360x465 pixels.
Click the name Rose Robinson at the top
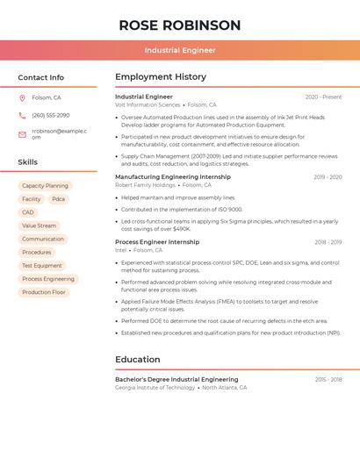tap(179, 25)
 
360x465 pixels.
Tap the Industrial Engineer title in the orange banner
tap(180, 50)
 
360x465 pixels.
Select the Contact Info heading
tap(41, 77)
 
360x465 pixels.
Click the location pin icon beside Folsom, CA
tap(22, 98)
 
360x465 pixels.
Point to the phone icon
tap(22, 115)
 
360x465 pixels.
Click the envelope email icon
tap(22, 134)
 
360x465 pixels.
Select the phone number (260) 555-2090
tap(51, 115)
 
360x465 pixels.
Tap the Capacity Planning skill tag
tap(45, 186)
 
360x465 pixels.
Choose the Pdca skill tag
tap(58, 199)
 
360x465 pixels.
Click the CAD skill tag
tap(28, 212)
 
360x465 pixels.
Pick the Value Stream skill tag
tap(39, 225)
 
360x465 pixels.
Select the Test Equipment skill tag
tap(42, 265)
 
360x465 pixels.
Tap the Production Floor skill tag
tap(44, 292)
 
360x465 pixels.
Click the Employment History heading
tap(161, 77)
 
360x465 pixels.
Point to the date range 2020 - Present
tap(323, 97)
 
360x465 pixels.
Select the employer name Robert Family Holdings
tap(145, 185)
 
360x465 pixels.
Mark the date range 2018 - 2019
tap(328, 242)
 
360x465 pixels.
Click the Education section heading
tap(138, 359)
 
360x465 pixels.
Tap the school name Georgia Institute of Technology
tap(155, 387)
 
